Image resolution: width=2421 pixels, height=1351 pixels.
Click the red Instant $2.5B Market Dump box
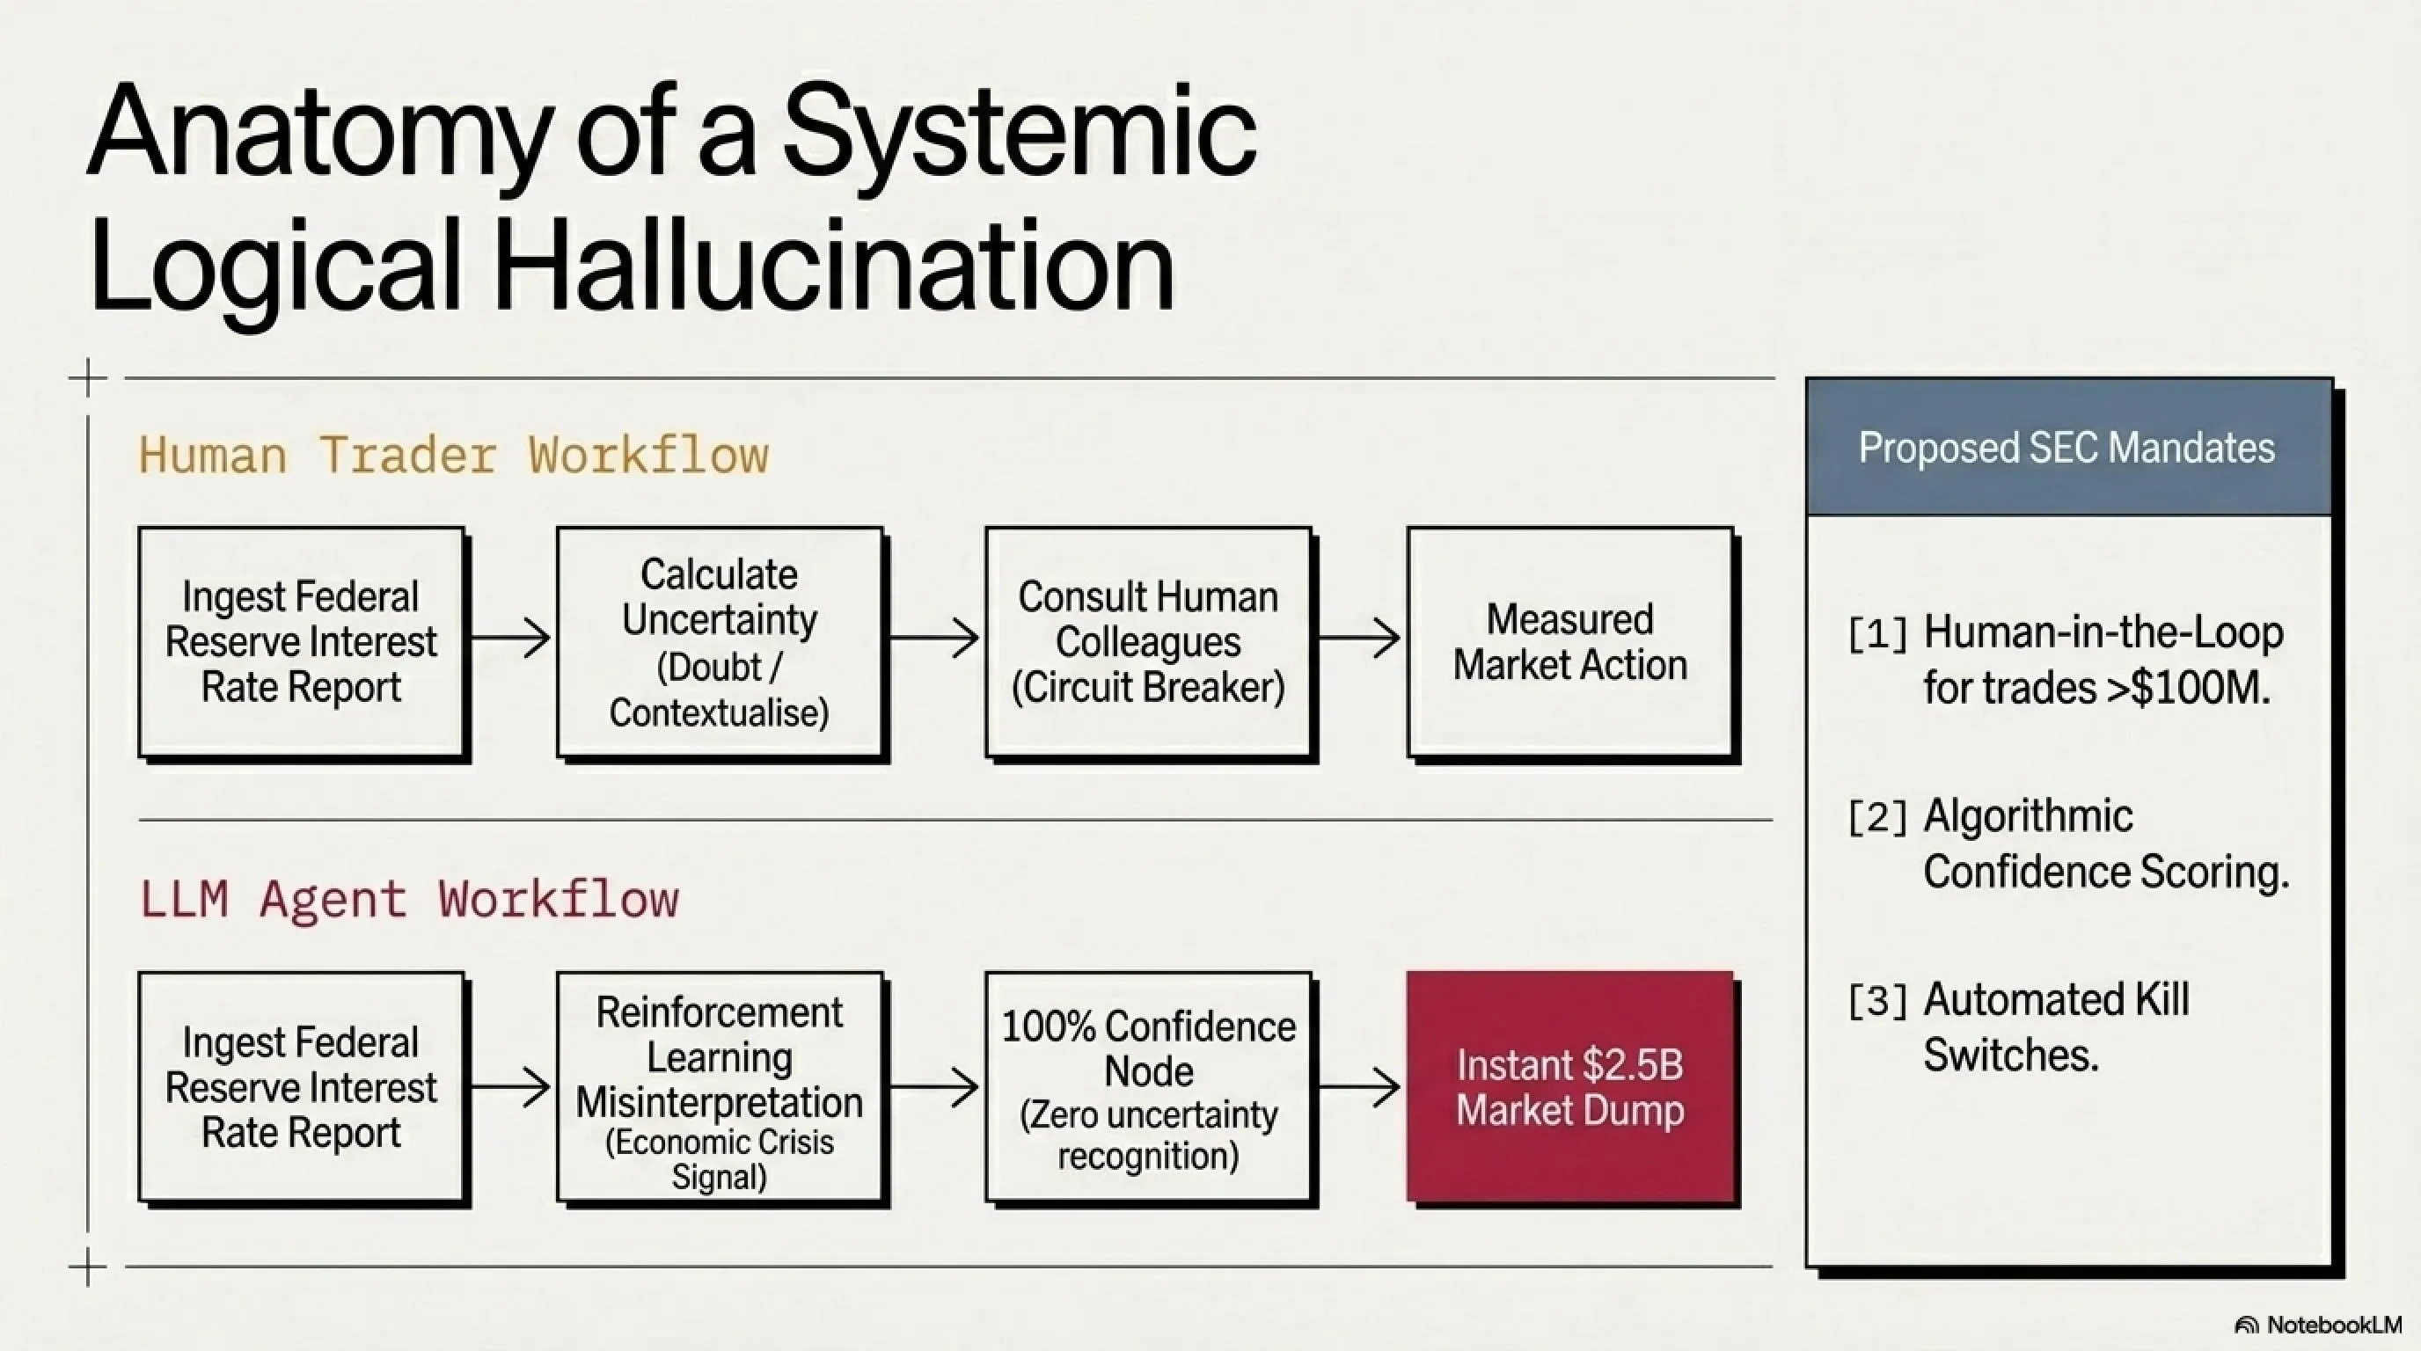pyautogui.click(x=1570, y=1087)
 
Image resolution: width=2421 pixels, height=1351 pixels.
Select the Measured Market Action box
pyautogui.click(x=1570, y=642)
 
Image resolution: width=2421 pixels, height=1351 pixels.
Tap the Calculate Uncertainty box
pyautogui.click(x=720, y=642)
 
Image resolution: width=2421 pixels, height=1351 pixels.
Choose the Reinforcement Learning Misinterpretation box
pyautogui.click(x=720, y=1087)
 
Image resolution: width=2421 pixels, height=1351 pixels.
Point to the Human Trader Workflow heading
pyautogui.click(x=454, y=456)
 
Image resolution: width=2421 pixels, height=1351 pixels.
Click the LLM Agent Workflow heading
pyautogui.click(x=409, y=899)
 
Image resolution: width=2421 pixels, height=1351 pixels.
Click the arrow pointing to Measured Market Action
pyautogui.click(x=1359, y=639)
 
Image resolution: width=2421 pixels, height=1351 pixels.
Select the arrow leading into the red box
pyautogui.click(x=1359, y=1088)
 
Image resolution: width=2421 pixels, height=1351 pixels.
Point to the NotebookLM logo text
pyautogui.click(x=2334, y=1325)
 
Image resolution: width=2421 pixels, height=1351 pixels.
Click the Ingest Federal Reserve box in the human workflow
pyautogui.click(x=302, y=642)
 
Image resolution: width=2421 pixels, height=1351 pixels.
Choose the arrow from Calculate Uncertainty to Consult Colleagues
pyautogui.click(x=934, y=639)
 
